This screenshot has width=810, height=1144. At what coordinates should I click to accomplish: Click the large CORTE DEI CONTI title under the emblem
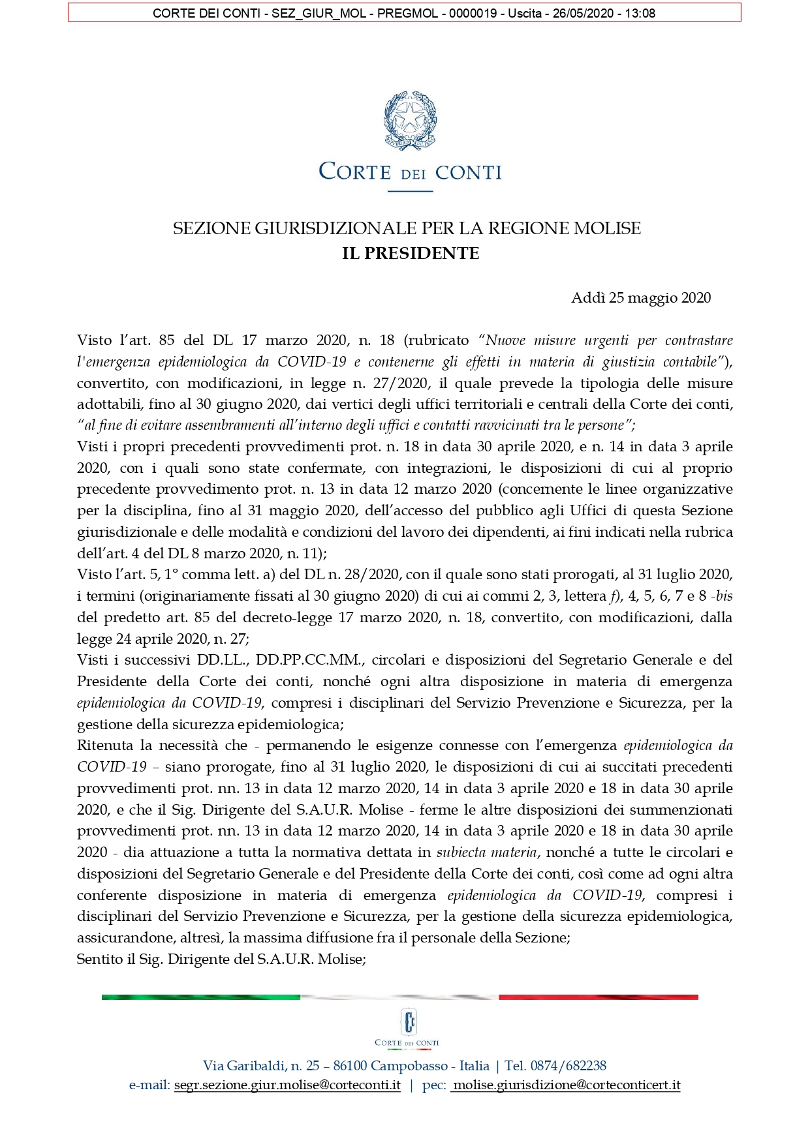point(410,172)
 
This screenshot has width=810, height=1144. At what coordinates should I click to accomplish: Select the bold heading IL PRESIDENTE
point(411,254)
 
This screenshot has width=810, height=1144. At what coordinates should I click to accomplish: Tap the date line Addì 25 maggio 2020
point(640,298)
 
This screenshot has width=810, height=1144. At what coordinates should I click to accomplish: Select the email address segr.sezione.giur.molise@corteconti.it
point(287,1085)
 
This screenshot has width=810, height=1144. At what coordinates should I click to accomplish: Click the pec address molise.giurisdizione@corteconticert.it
point(566,1085)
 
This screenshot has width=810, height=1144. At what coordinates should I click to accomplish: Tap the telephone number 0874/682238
point(569,1066)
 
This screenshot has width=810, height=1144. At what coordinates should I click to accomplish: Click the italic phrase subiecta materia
point(486,852)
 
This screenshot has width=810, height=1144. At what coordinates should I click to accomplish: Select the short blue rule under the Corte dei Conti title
point(410,191)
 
